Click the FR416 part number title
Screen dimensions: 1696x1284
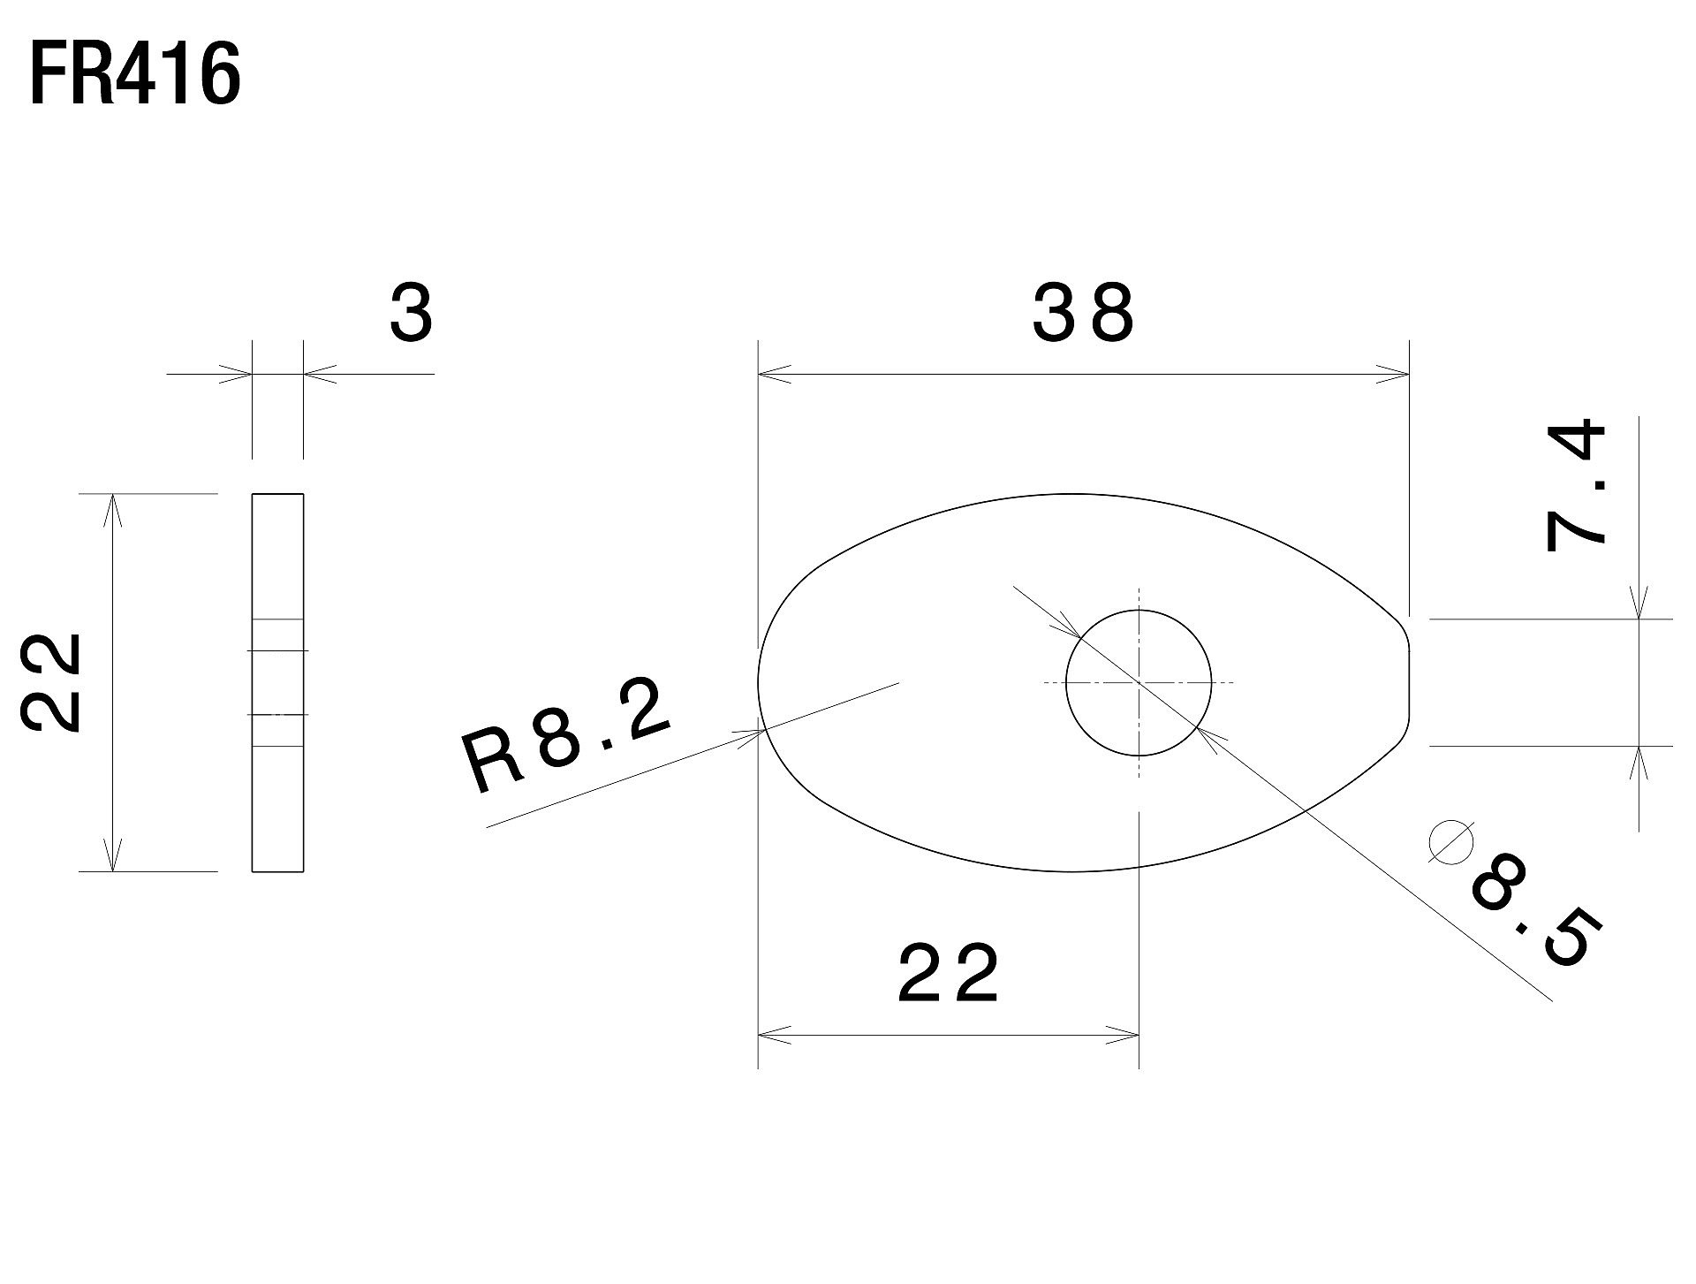pyautogui.click(x=135, y=76)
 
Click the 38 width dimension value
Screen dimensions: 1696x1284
pyautogui.click(x=1083, y=313)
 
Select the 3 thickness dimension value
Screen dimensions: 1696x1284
pyautogui.click(x=412, y=313)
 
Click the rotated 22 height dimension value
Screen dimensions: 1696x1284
pyautogui.click(x=51, y=681)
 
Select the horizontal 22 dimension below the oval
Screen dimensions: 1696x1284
pyautogui.click(x=948, y=974)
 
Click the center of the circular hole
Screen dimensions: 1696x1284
pyautogui.click(x=1139, y=683)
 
